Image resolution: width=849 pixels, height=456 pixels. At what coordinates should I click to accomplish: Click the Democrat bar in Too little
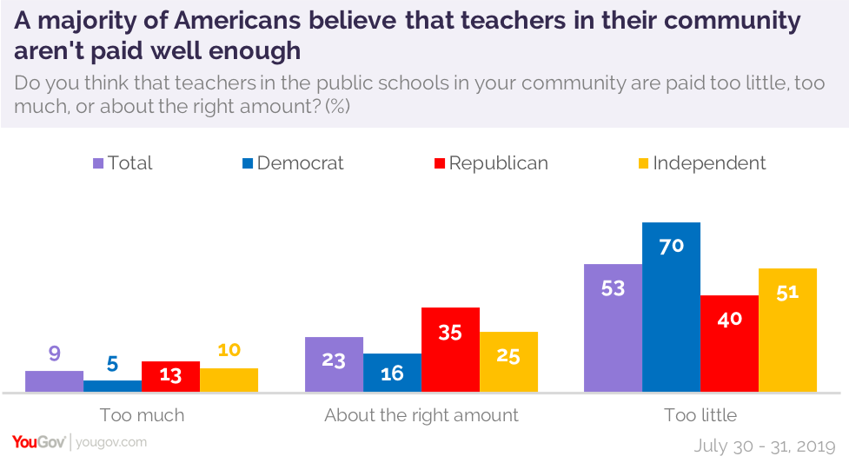(x=671, y=307)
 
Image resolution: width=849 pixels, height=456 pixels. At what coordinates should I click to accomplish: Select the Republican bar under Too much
(x=170, y=377)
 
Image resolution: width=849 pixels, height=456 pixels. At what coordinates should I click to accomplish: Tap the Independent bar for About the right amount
(x=508, y=362)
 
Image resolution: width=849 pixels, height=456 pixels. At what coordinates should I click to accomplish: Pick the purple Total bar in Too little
(x=613, y=328)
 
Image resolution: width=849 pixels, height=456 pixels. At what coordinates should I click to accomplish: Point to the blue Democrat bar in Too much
(x=112, y=387)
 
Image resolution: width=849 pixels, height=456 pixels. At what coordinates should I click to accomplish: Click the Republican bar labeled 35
(x=450, y=350)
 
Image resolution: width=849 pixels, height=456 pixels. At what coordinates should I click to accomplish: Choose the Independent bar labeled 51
(x=787, y=331)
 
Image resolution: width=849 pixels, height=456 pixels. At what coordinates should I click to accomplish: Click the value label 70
(x=671, y=246)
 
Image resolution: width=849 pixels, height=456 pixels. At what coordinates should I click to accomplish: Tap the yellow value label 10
(x=229, y=350)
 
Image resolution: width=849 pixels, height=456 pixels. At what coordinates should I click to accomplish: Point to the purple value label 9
(x=54, y=354)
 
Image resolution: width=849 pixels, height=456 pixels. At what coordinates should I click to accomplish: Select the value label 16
(x=392, y=373)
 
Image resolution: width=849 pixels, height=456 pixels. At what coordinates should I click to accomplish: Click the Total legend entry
(x=123, y=163)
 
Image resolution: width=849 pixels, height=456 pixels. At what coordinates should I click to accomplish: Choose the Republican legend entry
(x=492, y=163)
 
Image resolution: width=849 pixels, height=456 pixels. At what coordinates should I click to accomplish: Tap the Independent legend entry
(x=701, y=163)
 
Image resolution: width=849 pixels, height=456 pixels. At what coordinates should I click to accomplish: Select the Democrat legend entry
(x=293, y=163)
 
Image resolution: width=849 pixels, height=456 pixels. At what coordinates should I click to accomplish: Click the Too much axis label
(x=142, y=415)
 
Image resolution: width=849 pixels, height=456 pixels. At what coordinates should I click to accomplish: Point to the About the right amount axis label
(x=421, y=415)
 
